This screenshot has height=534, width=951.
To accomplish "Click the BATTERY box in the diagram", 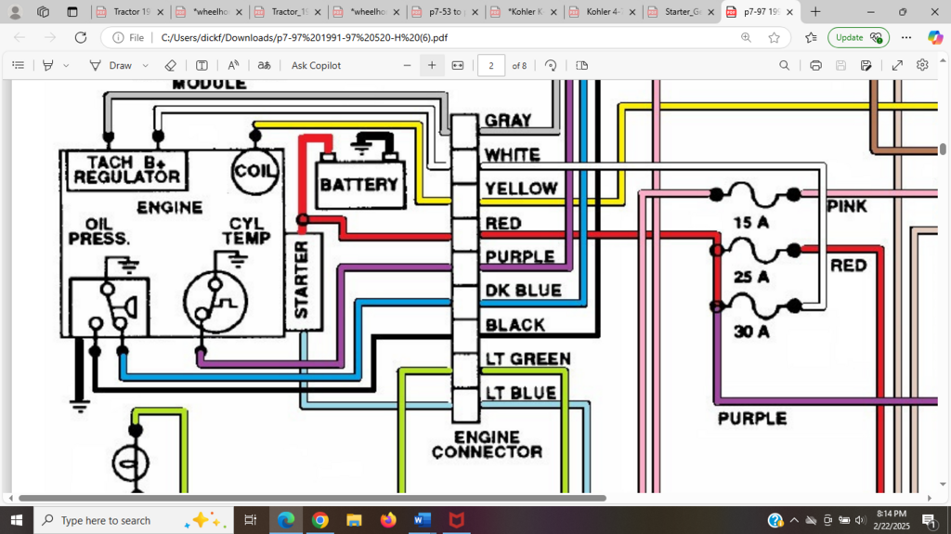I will tap(359, 184).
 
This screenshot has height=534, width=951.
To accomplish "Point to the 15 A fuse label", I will tap(751, 223).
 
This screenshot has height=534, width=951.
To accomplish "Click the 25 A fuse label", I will tap(751, 277).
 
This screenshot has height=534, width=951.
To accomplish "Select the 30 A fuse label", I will tap(751, 332).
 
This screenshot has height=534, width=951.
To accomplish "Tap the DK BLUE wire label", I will tap(523, 291).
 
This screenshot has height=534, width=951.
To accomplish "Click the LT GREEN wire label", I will tap(527, 359).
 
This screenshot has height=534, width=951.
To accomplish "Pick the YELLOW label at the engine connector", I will tap(521, 189).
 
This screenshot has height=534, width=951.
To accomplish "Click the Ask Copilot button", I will tap(316, 66).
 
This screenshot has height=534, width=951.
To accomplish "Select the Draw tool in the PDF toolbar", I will tap(111, 66).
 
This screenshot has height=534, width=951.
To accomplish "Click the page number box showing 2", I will tap(490, 66).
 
